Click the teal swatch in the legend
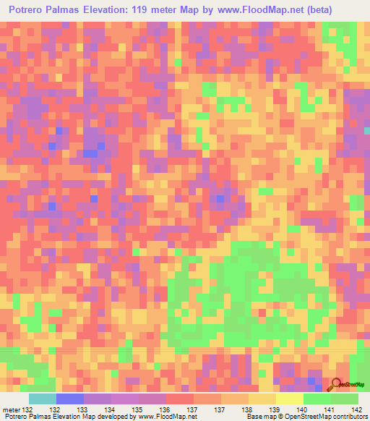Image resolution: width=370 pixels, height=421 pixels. (42, 399)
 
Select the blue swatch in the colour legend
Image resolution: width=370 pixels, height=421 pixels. (70, 399)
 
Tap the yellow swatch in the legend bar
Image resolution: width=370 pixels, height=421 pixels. (289, 399)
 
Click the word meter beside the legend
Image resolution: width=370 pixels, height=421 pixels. (12, 409)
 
